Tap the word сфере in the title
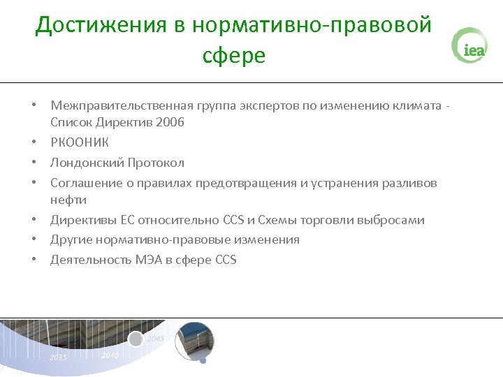(x=234, y=54)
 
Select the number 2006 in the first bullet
(x=170, y=122)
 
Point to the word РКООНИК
(x=80, y=142)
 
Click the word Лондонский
(x=87, y=163)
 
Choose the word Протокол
(x=156, y=163)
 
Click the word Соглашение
(x=84, y=183)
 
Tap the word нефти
(x=68, y=200)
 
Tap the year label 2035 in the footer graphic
(x=58, y=357)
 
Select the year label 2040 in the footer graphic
(x=109, y=355)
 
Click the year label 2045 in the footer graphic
(x=155, y=339)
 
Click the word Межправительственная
(x=116, y=105)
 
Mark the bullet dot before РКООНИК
(x=33, y=142)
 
